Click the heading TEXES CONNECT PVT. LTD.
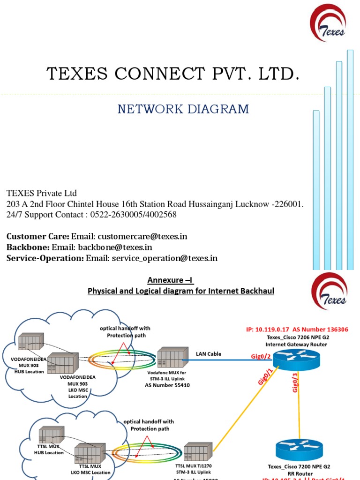(x=173, y=74)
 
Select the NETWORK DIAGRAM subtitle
(x=183, y=109)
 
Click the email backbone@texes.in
(x=115, y=247)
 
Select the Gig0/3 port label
(x=295, y=382)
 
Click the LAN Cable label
(x=209, y=353)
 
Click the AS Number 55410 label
(x=168, y=385)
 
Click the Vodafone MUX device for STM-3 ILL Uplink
(x=169, y=359)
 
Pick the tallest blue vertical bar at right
(x=350, y=159)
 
